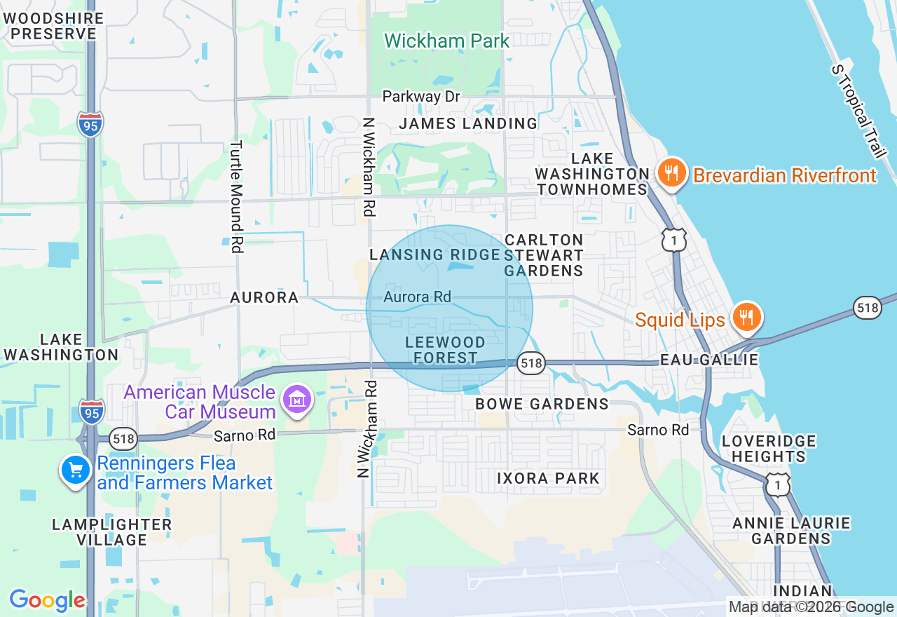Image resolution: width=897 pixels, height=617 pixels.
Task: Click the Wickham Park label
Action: (446, 41)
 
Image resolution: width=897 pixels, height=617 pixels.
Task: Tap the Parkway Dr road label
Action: (420, 96)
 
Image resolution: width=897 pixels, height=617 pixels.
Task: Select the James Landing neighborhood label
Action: (468, 123)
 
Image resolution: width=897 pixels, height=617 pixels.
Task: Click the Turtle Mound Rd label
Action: (236, 196)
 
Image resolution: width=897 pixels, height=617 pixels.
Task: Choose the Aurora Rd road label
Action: (417, 297)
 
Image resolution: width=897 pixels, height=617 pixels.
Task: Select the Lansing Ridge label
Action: (434, 255)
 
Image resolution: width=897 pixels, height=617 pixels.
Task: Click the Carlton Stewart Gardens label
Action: (544, 255)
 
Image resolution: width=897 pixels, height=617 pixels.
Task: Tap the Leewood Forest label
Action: (445, 350)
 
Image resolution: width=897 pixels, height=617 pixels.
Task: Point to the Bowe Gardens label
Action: (542, 404)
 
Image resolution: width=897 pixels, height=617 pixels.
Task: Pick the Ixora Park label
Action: (548, 478)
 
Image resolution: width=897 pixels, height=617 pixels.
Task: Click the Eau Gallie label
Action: (709, 360)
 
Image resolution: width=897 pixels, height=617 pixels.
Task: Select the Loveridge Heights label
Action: (769, 449)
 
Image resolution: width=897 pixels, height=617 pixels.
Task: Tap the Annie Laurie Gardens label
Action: (791, 531)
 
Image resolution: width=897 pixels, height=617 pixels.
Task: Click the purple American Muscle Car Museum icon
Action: (297, 400)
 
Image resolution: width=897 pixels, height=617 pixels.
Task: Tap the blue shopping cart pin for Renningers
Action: (75, 470)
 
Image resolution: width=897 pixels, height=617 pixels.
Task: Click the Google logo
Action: (47, 600)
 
